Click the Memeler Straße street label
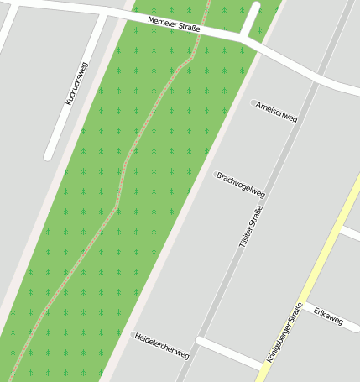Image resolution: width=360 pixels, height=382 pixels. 174,25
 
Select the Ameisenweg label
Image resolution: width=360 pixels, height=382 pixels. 277,113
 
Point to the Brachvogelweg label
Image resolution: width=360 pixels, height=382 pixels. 240,186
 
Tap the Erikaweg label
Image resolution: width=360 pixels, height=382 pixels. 328,316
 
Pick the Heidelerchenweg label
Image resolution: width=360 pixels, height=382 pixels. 162,345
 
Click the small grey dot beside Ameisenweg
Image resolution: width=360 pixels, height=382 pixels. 253,103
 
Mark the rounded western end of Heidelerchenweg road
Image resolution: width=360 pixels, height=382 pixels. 200,341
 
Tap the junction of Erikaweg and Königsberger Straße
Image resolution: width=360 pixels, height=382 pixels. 304,300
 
